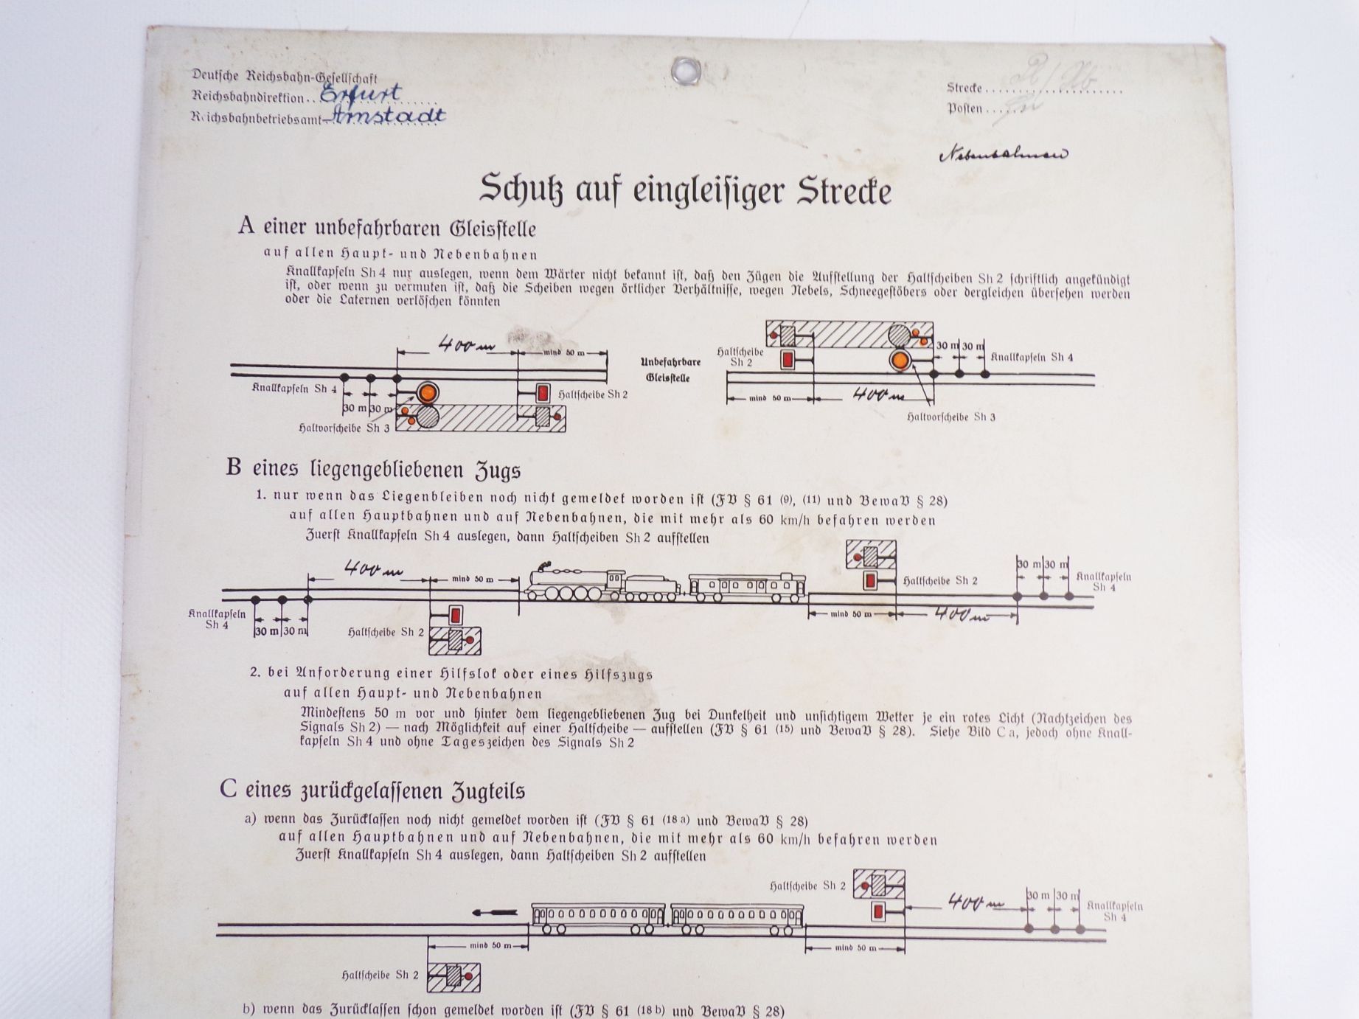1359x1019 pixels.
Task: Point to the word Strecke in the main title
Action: (x=844, y=192)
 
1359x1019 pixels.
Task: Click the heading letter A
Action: (x=246, y=226)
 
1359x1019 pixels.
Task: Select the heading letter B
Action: (x=233, y=468)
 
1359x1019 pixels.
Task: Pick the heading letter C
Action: (x=227, y=789)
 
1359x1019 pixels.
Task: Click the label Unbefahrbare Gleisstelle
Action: (x=670, y=369)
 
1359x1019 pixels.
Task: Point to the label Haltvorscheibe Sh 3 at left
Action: (x=344, y=428)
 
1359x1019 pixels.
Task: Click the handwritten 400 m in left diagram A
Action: (x=466, y=344)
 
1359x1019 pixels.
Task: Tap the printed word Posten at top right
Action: (x=964, y=109)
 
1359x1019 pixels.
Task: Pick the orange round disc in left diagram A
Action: (x=427, y=392)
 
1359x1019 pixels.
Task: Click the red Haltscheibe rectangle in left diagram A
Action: (x=543, y=393)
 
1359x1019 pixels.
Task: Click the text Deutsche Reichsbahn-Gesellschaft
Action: (x=285, y=77)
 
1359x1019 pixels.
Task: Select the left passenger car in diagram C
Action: (x=598, y=918)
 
